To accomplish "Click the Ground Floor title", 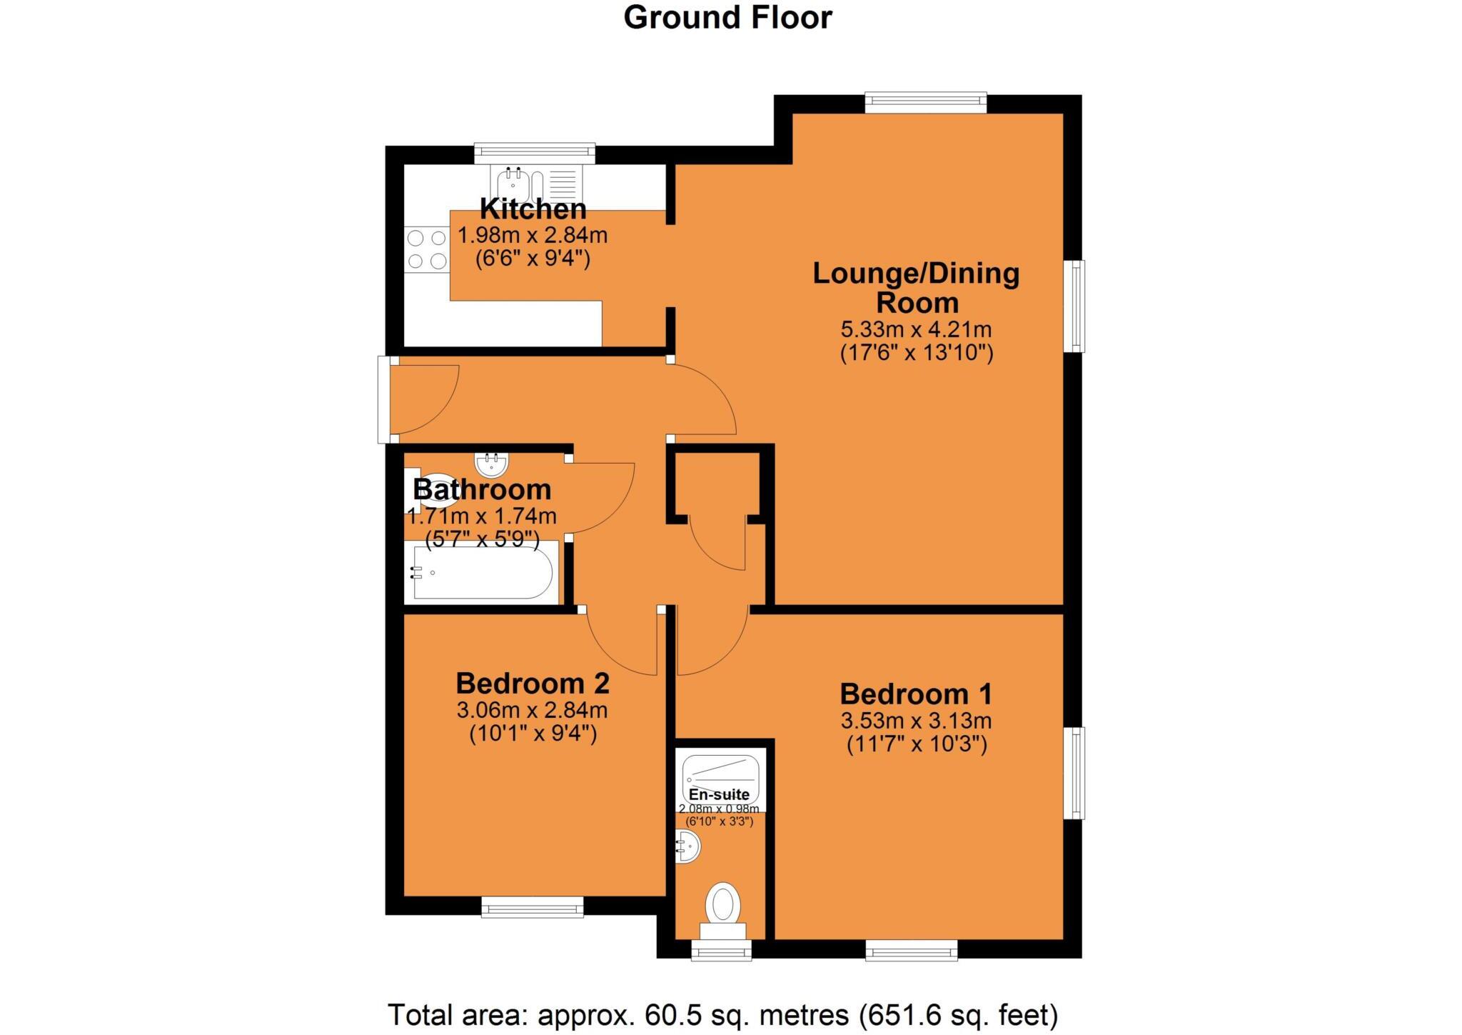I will tap(727, 17).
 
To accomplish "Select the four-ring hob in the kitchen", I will tap(426, 249).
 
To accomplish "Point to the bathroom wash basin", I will tap(492, 464).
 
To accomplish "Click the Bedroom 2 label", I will tap(533, 684).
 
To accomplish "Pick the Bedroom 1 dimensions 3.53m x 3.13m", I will tap(917, 721).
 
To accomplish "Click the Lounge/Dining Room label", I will tap(917, 287).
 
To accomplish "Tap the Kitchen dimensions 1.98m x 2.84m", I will tap(533, 234).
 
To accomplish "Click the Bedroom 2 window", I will tap(533, 907).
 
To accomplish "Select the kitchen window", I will tap(535, 150).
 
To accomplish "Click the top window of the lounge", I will tap(926, 101).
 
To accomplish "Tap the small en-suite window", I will tap(721, 950).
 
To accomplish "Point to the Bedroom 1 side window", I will tap(1074, 773).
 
